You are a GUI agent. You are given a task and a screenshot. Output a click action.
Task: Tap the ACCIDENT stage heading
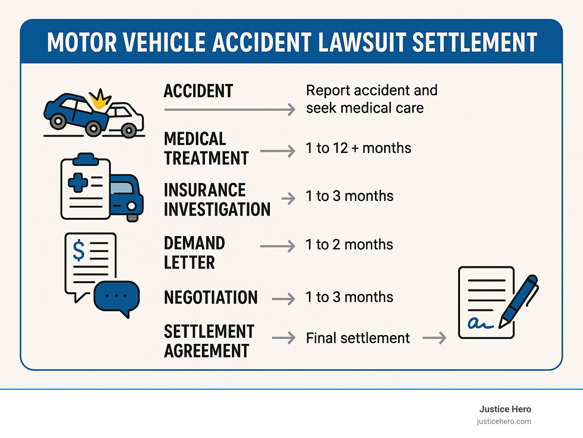point(198,91)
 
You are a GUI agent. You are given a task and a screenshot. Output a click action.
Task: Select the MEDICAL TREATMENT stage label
point(206,148)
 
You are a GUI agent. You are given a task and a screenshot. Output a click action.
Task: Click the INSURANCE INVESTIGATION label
point(217,200)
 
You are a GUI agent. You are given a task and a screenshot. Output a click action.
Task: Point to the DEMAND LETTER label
point(194,253)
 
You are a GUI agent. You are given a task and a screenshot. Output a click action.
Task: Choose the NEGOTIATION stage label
point(211,297)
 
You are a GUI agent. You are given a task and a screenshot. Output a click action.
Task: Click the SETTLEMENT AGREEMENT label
point(209,341)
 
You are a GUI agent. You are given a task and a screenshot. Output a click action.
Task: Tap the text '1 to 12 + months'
point(358,148)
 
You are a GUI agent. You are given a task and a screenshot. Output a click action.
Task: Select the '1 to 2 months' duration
point(349,245)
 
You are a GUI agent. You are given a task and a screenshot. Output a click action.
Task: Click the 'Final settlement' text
point(358,338)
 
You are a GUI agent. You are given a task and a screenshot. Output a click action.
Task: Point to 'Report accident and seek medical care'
point(371,99)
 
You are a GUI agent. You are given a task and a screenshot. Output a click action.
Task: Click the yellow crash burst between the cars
point(99,100)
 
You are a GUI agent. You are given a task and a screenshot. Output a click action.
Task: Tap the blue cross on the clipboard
point(78,182)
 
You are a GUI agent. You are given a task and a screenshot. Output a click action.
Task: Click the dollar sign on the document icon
point(79,250)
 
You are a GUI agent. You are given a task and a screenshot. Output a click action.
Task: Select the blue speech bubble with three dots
point(117,296)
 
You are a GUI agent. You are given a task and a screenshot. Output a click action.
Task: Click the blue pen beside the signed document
point(520,300)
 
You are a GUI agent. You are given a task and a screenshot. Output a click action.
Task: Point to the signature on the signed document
point(480,323)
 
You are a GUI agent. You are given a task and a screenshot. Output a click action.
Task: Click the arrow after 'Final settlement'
point(435,337)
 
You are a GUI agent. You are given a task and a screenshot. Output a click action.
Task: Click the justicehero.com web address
point(504,421)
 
